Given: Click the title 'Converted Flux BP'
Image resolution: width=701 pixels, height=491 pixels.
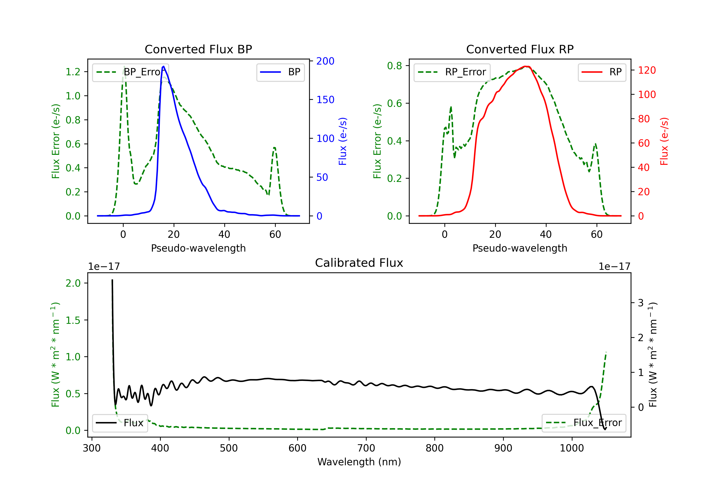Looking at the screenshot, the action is [x=198, y=49].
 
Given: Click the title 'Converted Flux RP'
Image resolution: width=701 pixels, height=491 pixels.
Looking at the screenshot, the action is [x=520, y=49].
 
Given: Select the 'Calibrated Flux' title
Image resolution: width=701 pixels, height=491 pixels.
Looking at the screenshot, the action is [x=359, y=263].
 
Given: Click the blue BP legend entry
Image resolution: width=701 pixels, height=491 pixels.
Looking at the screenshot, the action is [x=280, y=72].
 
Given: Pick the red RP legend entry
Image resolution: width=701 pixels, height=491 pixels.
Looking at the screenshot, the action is [x=602, y=72].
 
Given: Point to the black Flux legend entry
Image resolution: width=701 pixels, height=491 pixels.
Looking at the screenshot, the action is [x=120, y=423].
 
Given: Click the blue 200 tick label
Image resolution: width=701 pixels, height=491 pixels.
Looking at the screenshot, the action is [x=325, y=61].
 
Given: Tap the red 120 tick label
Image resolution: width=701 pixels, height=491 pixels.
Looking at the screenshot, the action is [x=647, y=70].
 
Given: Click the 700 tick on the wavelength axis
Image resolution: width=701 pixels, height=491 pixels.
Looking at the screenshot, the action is [x=366, y=448].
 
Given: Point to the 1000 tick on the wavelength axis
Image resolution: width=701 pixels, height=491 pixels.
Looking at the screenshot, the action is [x=572, y=448].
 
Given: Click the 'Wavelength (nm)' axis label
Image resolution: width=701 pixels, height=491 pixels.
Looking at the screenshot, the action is [x=359, y=462].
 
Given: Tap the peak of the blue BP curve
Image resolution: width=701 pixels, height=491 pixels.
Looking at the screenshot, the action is [x=164, y=66].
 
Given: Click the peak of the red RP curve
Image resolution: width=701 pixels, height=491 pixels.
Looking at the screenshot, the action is [x=526, y=66].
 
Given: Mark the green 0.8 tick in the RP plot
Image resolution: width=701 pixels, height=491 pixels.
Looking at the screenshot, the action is [x=394, y=66].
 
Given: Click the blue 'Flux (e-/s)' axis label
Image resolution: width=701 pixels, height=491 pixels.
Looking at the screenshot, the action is [x=343, y=141].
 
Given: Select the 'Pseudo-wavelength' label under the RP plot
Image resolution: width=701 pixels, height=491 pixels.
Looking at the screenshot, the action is [x=520, y=248].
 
